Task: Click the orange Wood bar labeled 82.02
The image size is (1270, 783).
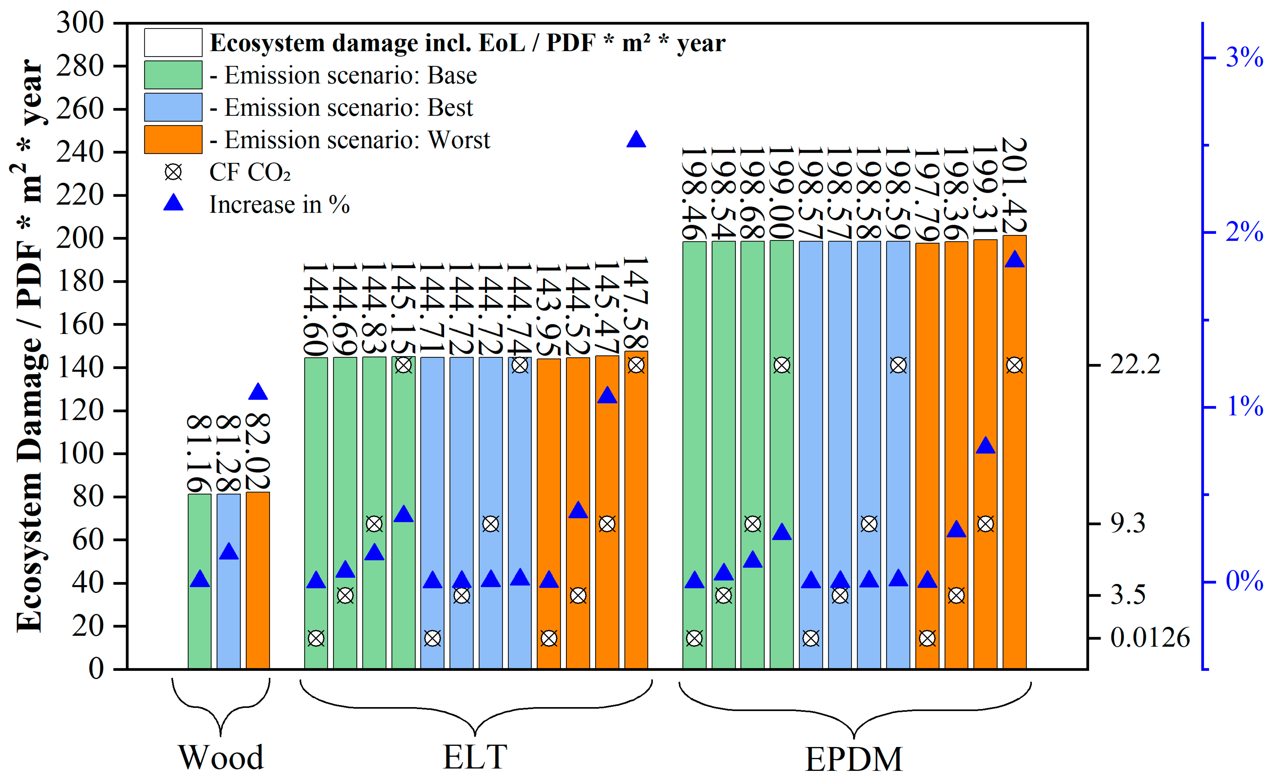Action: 257,580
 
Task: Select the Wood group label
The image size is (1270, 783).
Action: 221,757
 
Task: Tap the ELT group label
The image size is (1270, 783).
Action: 475,757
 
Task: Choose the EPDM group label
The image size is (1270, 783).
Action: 854,759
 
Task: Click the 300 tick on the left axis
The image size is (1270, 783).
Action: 80,23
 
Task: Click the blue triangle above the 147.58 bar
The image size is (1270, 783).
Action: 636,140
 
